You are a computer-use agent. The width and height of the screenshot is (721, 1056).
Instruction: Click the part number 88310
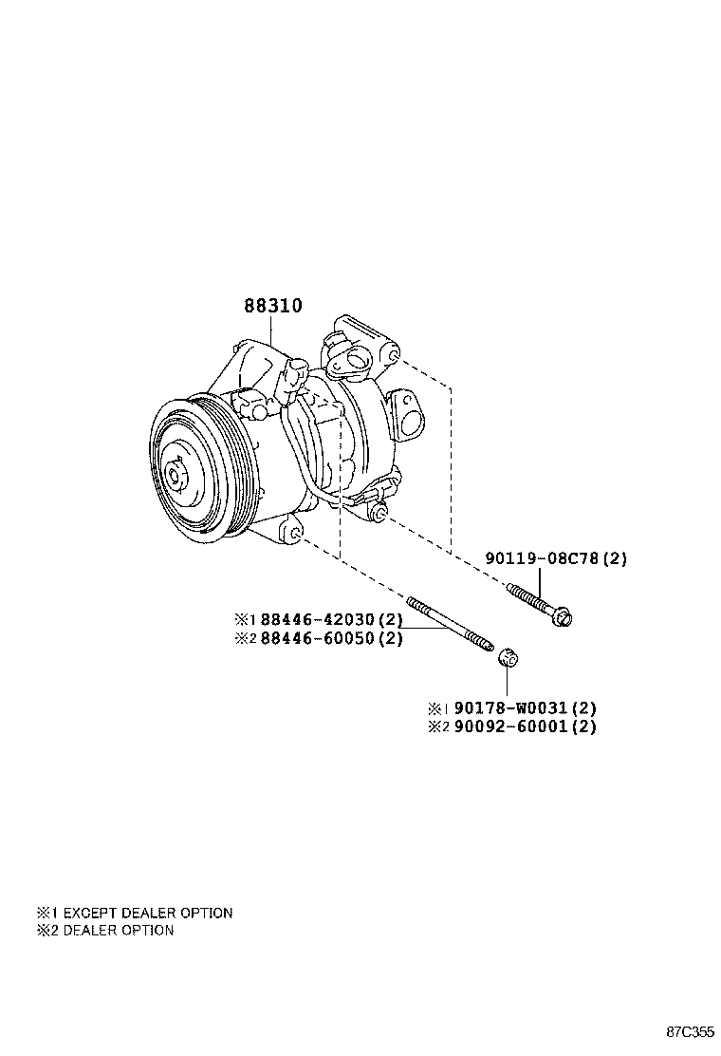(x=273, y=306)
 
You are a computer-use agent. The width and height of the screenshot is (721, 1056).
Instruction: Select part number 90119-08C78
(x=544, y=558)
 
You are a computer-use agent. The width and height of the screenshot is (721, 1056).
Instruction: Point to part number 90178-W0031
(x=512, y=708)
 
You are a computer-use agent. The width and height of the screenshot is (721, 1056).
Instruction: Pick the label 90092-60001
(x=512, y=726)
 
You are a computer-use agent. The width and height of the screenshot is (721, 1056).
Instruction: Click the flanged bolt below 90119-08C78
(x=541, y=604)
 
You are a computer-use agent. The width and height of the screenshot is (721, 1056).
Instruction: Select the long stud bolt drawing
(x=451, y=626)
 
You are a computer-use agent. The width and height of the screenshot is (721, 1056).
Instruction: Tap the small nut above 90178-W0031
(x=508, y=656)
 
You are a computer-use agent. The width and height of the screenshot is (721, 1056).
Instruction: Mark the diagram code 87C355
(x=689, y=1031)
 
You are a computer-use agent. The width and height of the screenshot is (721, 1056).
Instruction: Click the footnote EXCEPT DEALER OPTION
(x=147, y=913)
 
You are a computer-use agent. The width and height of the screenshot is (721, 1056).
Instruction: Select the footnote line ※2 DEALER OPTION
(x=105, y=931)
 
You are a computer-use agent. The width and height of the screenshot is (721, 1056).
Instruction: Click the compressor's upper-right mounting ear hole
(x=392, y=356)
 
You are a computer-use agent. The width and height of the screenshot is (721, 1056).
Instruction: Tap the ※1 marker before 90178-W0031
(x=438, y=708)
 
